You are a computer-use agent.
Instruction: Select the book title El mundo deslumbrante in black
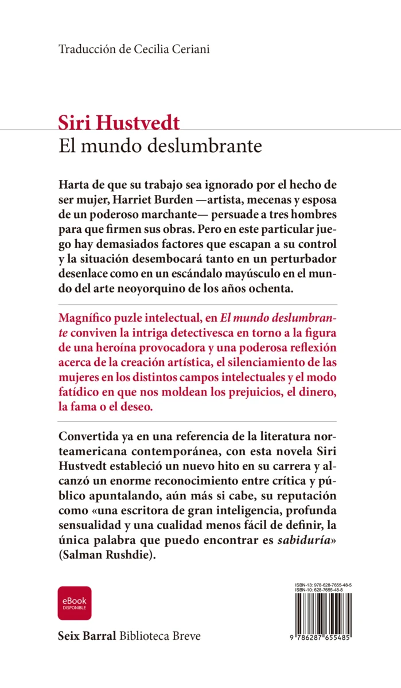click(160, 146)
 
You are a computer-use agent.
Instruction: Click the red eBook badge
click(75, 603)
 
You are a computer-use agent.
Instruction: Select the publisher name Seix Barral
click(87, 637)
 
